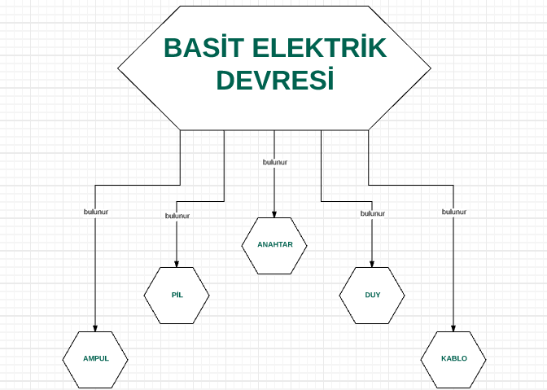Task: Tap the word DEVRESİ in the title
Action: (x=275, y=79)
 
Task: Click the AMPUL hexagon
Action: (x=95, y=360)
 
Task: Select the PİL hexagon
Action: (x=177, y=296)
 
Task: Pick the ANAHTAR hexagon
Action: (x=274, y=246)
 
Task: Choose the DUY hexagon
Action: (x=372, y=296)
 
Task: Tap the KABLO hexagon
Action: (x=453, y=360)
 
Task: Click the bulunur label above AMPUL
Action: (x=96, y=212)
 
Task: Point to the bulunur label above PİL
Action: (x=177, y=216)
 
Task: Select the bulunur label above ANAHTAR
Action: (x=275, y=162)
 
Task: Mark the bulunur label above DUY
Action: (x=373, y=213)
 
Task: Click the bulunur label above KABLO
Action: (x=454, y=212)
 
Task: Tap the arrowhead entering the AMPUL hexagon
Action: (x=95, y=329)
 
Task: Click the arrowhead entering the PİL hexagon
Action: (x=177, y=265)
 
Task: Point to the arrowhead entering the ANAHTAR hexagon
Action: (x=274, y=215)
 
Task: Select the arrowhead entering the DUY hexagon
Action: (x=372, y=265)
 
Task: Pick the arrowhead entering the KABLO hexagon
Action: (x=453, y=329)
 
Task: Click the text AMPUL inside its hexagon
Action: (x=96, y=358)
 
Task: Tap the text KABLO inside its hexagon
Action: (x=454, y=358)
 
